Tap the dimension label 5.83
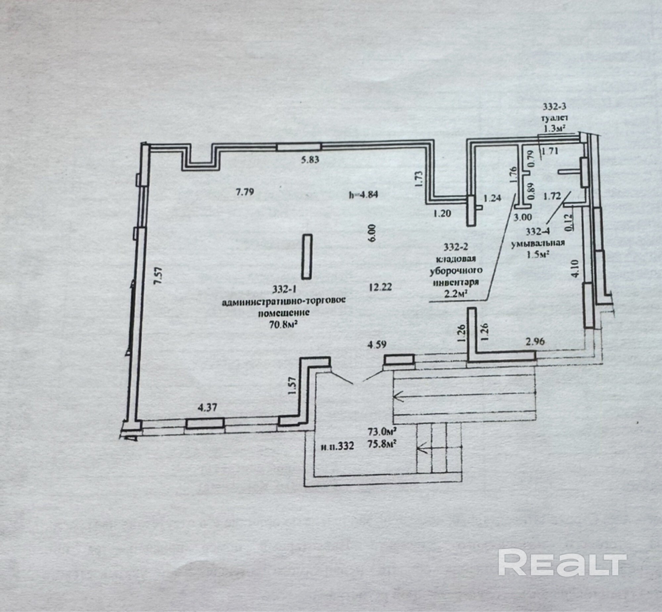310,160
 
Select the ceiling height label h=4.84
363,195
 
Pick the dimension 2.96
535,341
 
